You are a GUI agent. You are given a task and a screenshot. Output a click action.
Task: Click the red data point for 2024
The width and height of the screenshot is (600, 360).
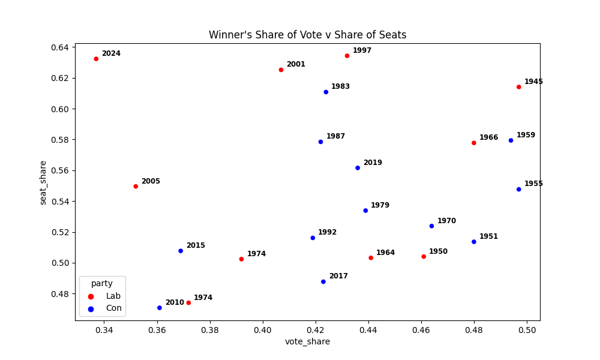coord(96,59)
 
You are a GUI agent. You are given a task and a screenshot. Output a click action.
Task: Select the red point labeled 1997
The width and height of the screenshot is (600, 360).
coord(347,56)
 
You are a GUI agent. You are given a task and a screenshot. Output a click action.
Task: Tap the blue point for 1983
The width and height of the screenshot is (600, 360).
coord(326,92)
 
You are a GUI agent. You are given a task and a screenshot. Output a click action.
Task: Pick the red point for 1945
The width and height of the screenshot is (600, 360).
coord(519,87)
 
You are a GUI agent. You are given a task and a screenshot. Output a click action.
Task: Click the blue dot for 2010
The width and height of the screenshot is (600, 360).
coord(160,308)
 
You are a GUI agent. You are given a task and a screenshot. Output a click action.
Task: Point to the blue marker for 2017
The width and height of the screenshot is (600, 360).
coord(323,281)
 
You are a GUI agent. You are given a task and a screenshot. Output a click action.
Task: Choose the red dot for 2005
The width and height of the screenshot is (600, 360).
coord(136,187)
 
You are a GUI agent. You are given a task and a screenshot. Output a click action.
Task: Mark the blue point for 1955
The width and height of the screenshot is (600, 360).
coord(519,190)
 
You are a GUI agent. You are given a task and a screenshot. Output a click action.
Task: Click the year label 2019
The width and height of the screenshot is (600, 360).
coord(373,163)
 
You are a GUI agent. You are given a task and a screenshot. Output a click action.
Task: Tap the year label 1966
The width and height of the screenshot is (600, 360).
coord(488,137)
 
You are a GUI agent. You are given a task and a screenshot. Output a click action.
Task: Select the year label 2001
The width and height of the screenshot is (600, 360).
coord(296,64)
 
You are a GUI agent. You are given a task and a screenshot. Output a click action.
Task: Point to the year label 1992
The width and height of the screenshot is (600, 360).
coord(327,232)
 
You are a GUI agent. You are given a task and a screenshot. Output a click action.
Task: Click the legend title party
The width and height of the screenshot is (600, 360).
coord(102,283)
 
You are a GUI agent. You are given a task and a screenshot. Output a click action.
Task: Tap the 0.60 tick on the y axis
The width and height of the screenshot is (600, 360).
coord(62,109)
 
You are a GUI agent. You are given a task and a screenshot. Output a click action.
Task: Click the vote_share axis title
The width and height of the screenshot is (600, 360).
coord(307,342)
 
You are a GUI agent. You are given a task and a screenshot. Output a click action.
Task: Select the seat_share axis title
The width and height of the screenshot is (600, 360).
coord(43,182)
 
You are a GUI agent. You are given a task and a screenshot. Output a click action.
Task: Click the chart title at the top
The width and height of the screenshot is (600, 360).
coord(307,35)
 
